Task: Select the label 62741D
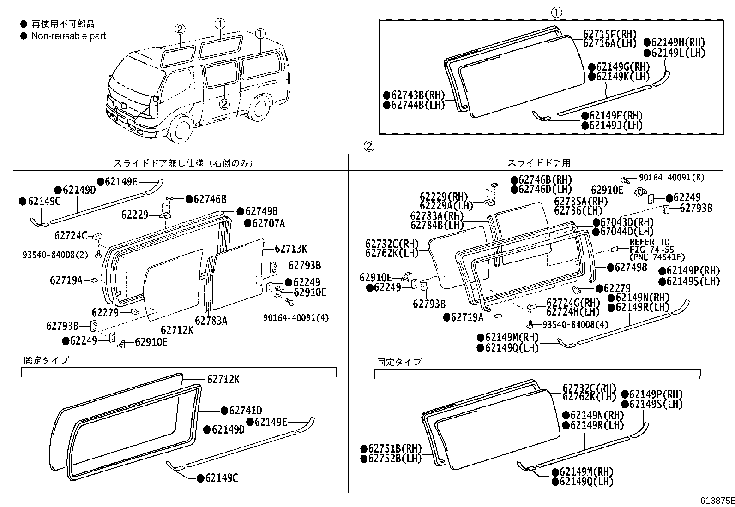[x=246, y=411]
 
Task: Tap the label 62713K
[x=291, y=249]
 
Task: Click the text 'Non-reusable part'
[x=68, y=36]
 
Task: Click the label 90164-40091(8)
[x=672, y=177]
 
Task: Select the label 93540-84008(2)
[x=55, y=255]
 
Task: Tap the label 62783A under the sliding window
[x=211, y=321]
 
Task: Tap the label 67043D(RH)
[x=627, y=222]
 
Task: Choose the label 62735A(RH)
[x=581, y=202]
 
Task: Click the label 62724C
[x=70, y=236]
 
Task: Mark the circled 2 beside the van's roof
[x=180, y=29]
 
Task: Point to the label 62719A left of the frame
[x=66, y=280]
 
